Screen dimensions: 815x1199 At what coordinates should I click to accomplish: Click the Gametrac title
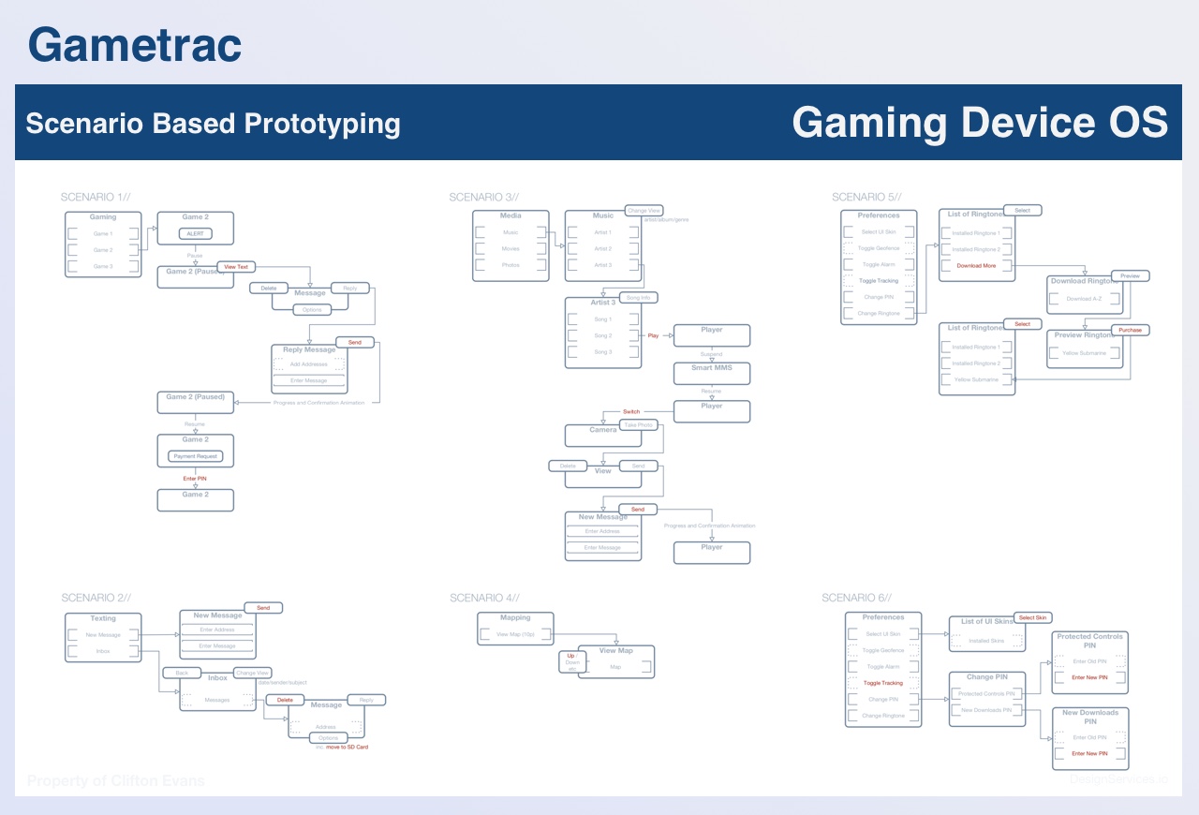[x=135, y=45]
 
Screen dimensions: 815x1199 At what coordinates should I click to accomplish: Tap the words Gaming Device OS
[x=979, y=123]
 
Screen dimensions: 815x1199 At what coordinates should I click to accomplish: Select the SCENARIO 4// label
[x=484, y=598]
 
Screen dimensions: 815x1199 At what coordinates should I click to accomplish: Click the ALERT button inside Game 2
[x=195, y=233]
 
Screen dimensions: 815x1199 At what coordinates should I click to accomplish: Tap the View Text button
[x=236, y=267]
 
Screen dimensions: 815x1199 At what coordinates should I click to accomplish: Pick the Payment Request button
[x=195, y=456]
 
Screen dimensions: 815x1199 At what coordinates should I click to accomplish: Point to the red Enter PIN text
[x=195, y=479]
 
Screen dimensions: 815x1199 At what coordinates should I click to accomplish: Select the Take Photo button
[x=640, y=425]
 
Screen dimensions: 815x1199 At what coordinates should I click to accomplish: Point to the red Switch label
[x=631, y=411]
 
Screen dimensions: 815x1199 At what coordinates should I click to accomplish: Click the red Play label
[x=653, y=335]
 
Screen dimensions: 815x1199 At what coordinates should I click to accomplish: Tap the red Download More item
[x=976, y=266]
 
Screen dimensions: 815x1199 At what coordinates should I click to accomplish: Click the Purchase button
[x=1130, y=330]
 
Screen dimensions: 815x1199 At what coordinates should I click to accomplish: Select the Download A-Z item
[x=1084, y=299]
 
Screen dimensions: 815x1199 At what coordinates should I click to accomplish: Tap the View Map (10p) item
[x=514, y=635]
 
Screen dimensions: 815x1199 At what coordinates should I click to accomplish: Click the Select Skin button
[x=1033, y=617]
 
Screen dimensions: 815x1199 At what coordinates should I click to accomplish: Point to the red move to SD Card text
[x=347, y=747]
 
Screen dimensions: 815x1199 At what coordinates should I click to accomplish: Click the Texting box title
[x=103, y=618]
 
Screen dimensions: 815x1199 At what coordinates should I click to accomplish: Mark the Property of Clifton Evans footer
[x=116, y=780]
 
